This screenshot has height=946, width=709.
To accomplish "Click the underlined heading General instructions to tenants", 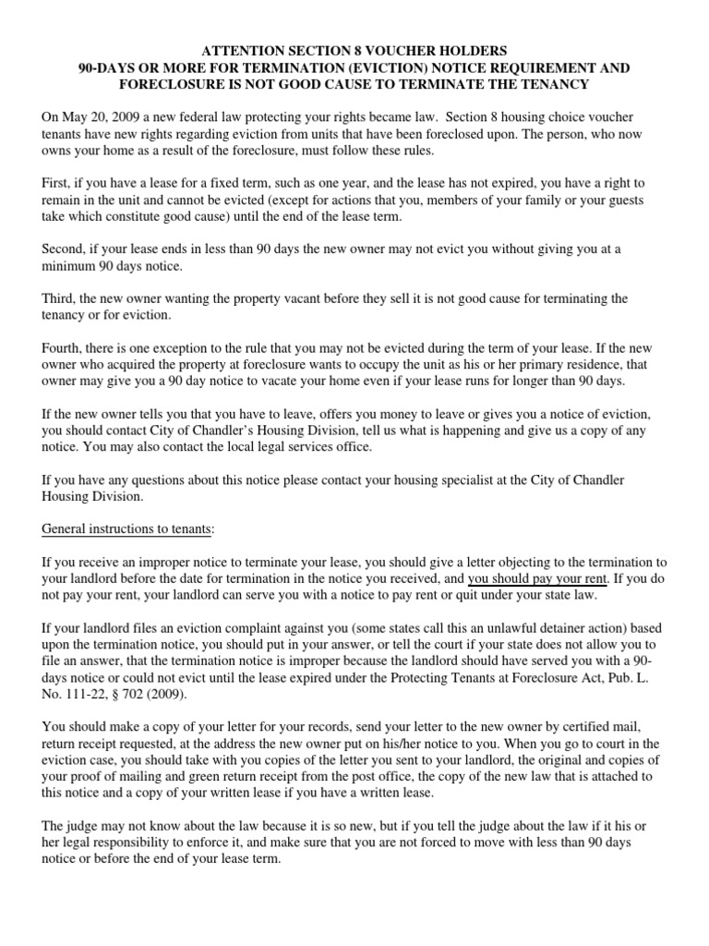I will [x=127, y=527].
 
